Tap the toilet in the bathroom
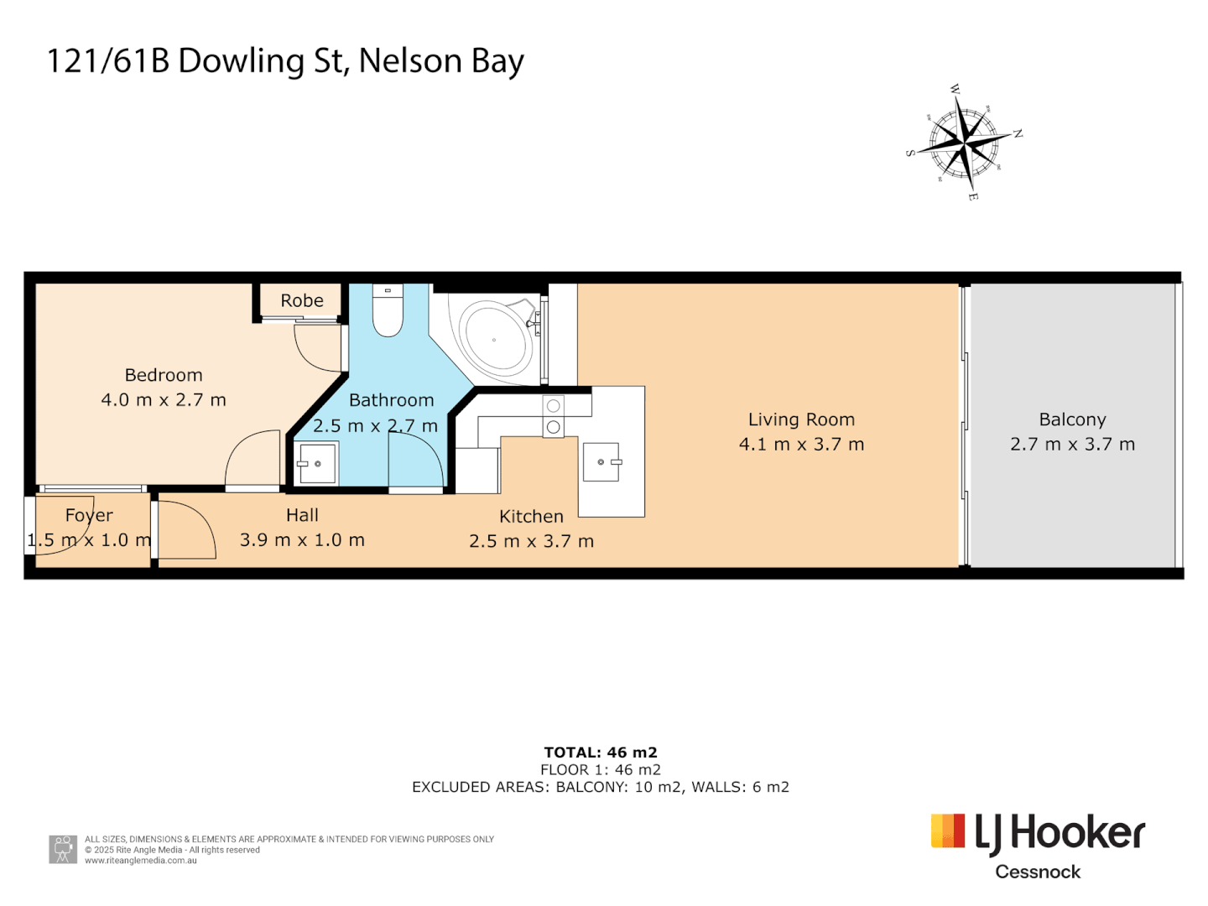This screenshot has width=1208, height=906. pos(388,311)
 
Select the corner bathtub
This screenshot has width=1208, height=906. pos(496,340)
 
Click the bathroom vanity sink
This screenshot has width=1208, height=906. pos(317,464)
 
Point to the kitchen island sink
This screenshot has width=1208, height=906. pos(601,462)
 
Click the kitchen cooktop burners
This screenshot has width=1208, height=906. pos(553,416)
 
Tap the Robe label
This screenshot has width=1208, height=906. pos(302,300)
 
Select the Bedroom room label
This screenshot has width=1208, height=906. pos(164,375)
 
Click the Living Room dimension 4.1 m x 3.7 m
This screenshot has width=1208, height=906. pos(801,445)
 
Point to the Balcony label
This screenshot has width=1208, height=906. pos(1072,419)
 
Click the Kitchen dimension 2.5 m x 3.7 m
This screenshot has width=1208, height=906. pos(531,541)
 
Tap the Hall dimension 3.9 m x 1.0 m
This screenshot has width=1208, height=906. pos(302,540)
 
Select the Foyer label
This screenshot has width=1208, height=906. pos(89,515)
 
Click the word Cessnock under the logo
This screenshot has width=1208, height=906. pos(1038,872)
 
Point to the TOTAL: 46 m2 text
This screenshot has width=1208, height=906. pos(601,752)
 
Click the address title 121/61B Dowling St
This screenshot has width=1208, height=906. pos(285,61)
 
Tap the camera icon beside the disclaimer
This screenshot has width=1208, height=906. pos(63,849)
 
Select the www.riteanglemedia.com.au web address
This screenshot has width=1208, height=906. pos(141,861)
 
